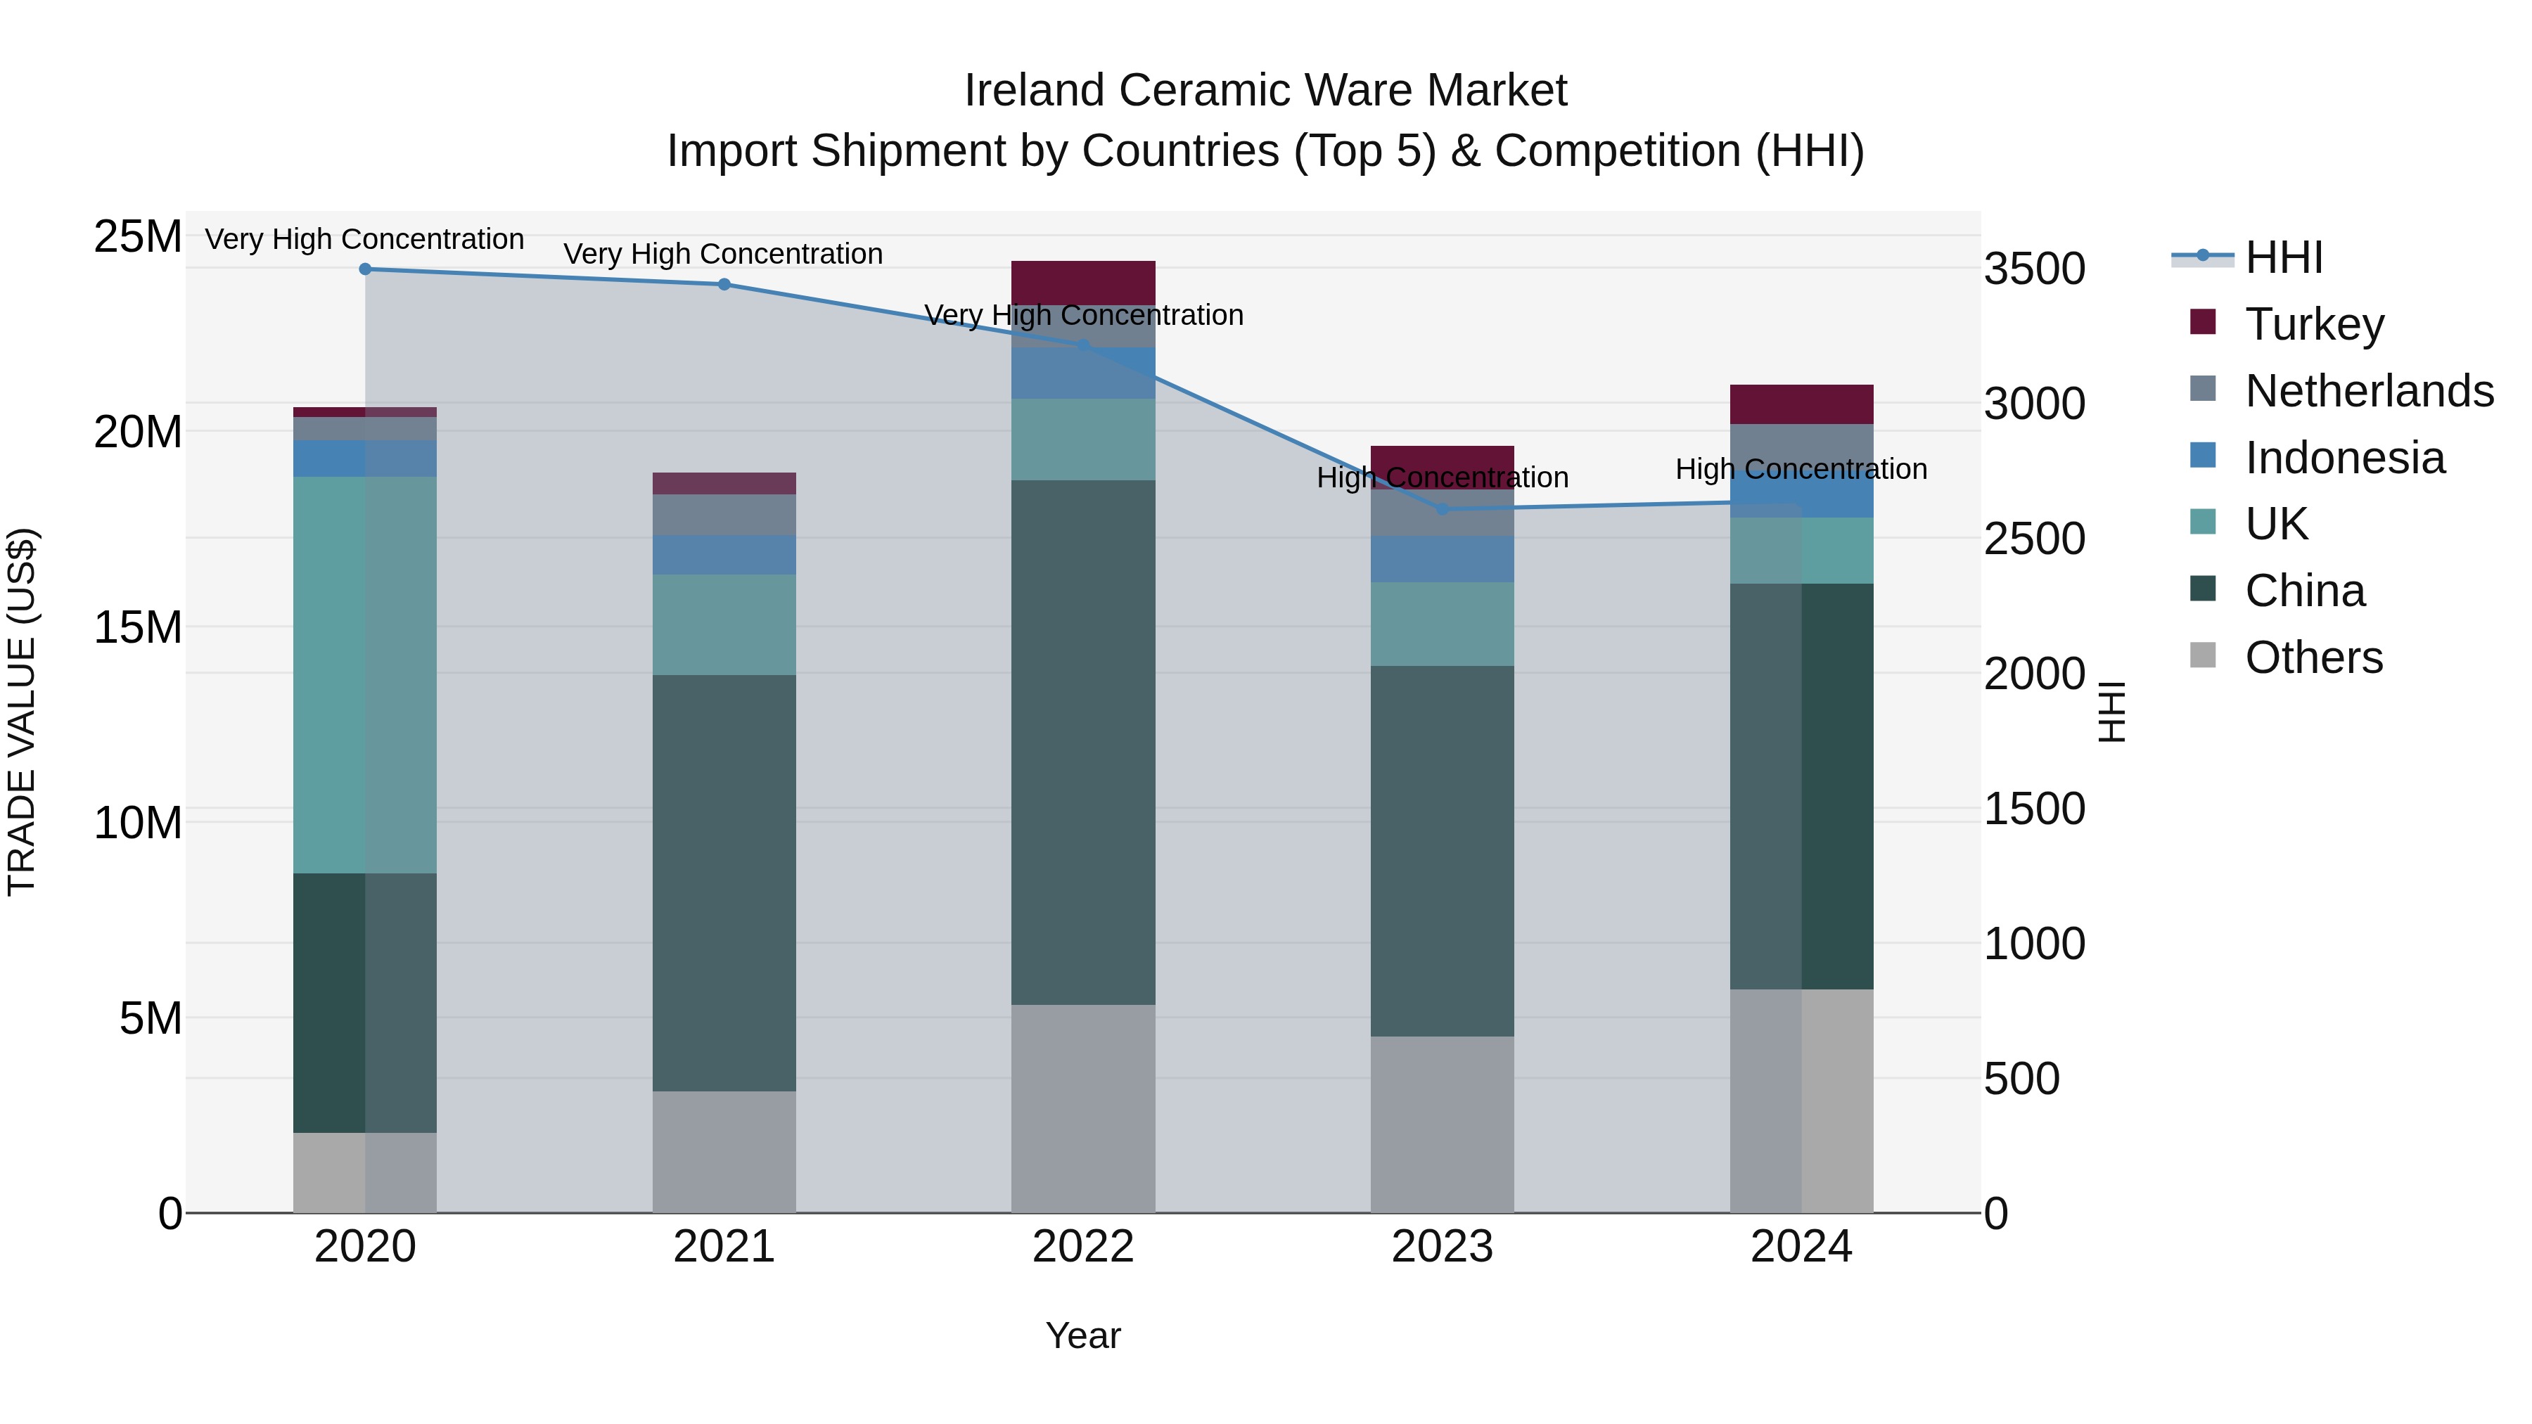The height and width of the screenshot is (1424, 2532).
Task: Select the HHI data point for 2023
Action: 1442,509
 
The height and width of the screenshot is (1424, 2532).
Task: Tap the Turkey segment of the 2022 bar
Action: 1083,283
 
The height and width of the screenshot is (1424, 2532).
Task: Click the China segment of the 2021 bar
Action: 724,883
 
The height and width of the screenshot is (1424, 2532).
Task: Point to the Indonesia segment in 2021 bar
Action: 724,556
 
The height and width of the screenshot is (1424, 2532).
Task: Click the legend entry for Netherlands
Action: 2369,391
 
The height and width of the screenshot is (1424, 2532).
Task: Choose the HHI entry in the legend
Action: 2283,257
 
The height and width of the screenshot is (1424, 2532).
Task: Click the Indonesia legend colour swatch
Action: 2203,456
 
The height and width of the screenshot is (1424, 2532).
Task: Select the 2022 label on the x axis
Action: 1083,1247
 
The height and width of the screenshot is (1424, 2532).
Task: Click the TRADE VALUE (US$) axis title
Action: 22,712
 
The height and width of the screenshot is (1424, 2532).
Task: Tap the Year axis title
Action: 1083,1335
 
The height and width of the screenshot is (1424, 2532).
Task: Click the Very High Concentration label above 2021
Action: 724,254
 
